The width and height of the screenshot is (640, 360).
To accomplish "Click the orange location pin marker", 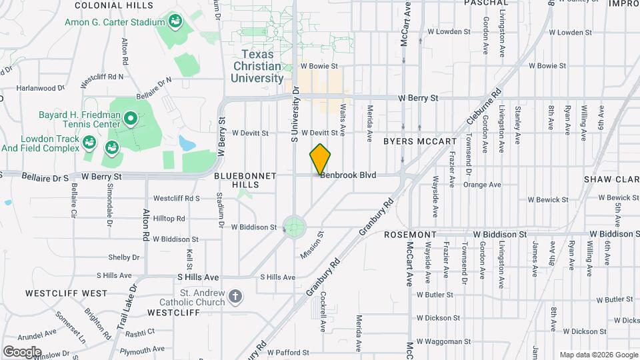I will tap(320, 159).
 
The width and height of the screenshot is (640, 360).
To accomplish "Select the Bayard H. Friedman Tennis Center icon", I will tap(131, 120).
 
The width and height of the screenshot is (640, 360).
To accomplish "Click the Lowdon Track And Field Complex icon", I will tap(89, 143).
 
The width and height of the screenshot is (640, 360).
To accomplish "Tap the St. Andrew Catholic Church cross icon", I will tap(235, 295).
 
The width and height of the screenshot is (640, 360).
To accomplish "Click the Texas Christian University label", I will tap(257, 66).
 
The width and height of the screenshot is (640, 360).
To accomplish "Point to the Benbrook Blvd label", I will tap(348, 175).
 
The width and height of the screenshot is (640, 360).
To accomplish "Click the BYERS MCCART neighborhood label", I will tap(420, 141).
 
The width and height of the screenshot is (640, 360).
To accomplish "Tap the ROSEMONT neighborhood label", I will tap(410, 235).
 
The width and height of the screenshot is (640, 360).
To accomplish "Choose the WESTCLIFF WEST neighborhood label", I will tap(66, 293).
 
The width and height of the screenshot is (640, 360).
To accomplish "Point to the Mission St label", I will tap(311, 245).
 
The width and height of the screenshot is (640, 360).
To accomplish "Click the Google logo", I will tap(22, 351).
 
